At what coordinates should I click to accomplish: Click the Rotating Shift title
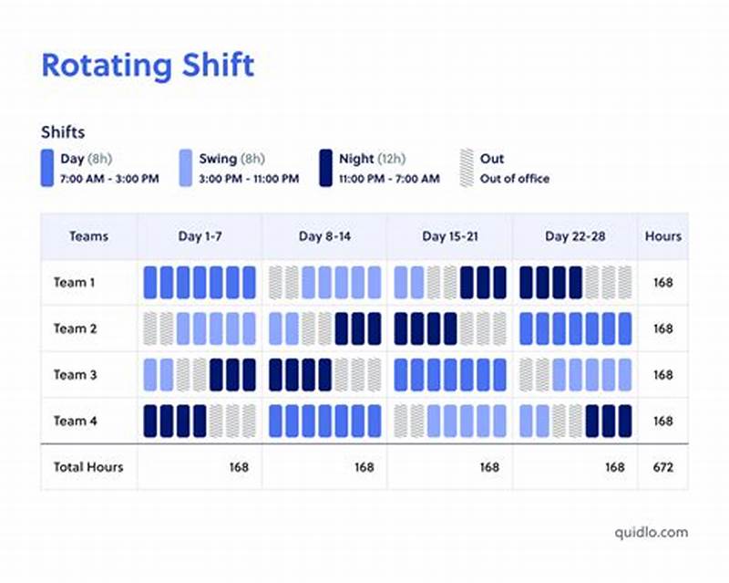[x=148, y=67]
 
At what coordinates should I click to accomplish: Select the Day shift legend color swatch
[x=47, y=168]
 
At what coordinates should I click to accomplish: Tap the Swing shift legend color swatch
[x=186, y=168]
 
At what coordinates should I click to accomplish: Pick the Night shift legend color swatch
[x=325, y=168]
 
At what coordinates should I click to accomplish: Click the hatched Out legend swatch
[x=467, y=168]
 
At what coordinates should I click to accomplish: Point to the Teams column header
[x=88, y=236]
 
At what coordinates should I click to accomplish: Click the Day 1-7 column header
[x=200, y=236]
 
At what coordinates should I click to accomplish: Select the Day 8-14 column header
[x=323, y=236]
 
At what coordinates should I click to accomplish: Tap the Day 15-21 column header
[x=449, y=236]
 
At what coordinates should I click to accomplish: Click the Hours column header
[x=662, y=236]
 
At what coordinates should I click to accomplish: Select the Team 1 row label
[x=74, y=283]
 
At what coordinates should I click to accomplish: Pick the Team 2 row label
[x=74, y=328]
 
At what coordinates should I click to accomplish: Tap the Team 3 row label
[x=74, y=375]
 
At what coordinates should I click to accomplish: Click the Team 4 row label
[x=74, y=421]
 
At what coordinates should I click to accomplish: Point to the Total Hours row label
[x=87, y=467]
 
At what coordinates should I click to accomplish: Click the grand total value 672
[x=662, y=467]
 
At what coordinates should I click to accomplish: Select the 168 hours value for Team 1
[x=662, y=283]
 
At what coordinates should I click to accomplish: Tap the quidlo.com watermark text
[x=651, y=532]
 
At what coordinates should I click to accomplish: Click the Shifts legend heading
[x=63, y=132]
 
